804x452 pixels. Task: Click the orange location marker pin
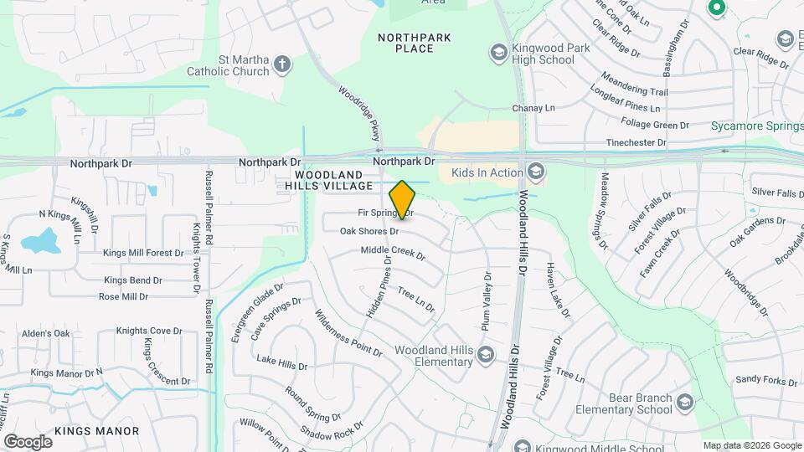click(402, 200)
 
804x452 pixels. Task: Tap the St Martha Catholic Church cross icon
click(283, 64)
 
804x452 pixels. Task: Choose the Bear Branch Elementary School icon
click(686, 403)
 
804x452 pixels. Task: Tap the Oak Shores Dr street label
click(368, 231)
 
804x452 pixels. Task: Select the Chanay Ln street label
click(533, 108)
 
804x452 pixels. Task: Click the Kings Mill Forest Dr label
click(143, 252)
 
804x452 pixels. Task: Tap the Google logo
click(28, 442)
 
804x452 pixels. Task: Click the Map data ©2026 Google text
click(751, 446)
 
